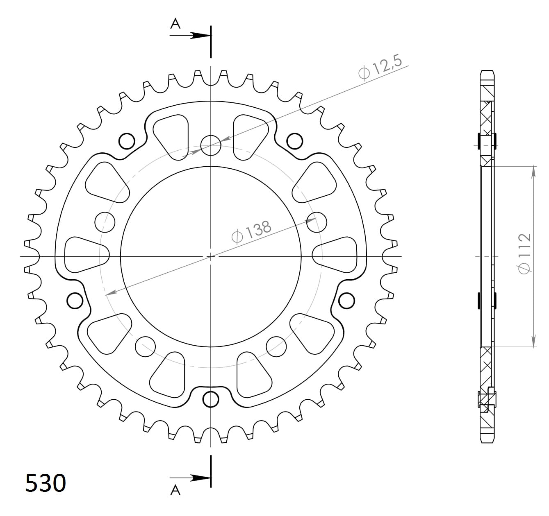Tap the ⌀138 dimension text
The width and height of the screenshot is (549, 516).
pos(251,232)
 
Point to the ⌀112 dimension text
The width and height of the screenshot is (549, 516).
pos(524,253)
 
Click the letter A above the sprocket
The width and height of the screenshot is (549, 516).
pos(175,24)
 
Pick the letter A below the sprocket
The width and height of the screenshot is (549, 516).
pos(175,490)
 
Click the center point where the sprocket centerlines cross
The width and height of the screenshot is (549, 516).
pos(211,257)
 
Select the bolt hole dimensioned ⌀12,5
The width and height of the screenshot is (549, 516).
pos(211,145)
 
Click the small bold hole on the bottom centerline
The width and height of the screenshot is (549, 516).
pos(211,399)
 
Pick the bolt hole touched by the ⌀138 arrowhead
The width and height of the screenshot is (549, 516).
pos(317,222)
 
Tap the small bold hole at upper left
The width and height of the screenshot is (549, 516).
pos(127,141)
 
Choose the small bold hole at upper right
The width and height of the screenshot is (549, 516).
pos(294,141)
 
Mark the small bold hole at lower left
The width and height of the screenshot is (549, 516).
pos(75,301)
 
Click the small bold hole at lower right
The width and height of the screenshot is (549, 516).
pos(346,301)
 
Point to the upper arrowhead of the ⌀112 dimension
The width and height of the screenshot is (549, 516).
pos(533,172)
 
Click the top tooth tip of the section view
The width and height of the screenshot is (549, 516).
pos(487,72)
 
